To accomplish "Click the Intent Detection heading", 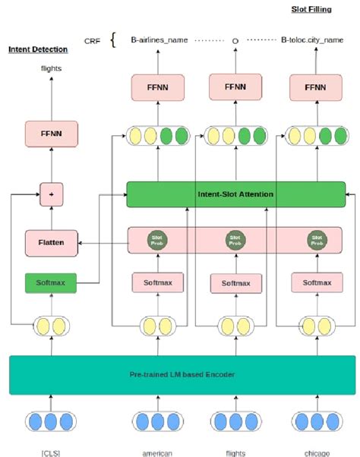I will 38,49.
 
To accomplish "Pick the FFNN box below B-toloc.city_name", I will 312,87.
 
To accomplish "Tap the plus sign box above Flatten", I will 50,194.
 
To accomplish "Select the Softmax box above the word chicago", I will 312,283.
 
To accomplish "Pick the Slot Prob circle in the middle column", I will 235,240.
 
